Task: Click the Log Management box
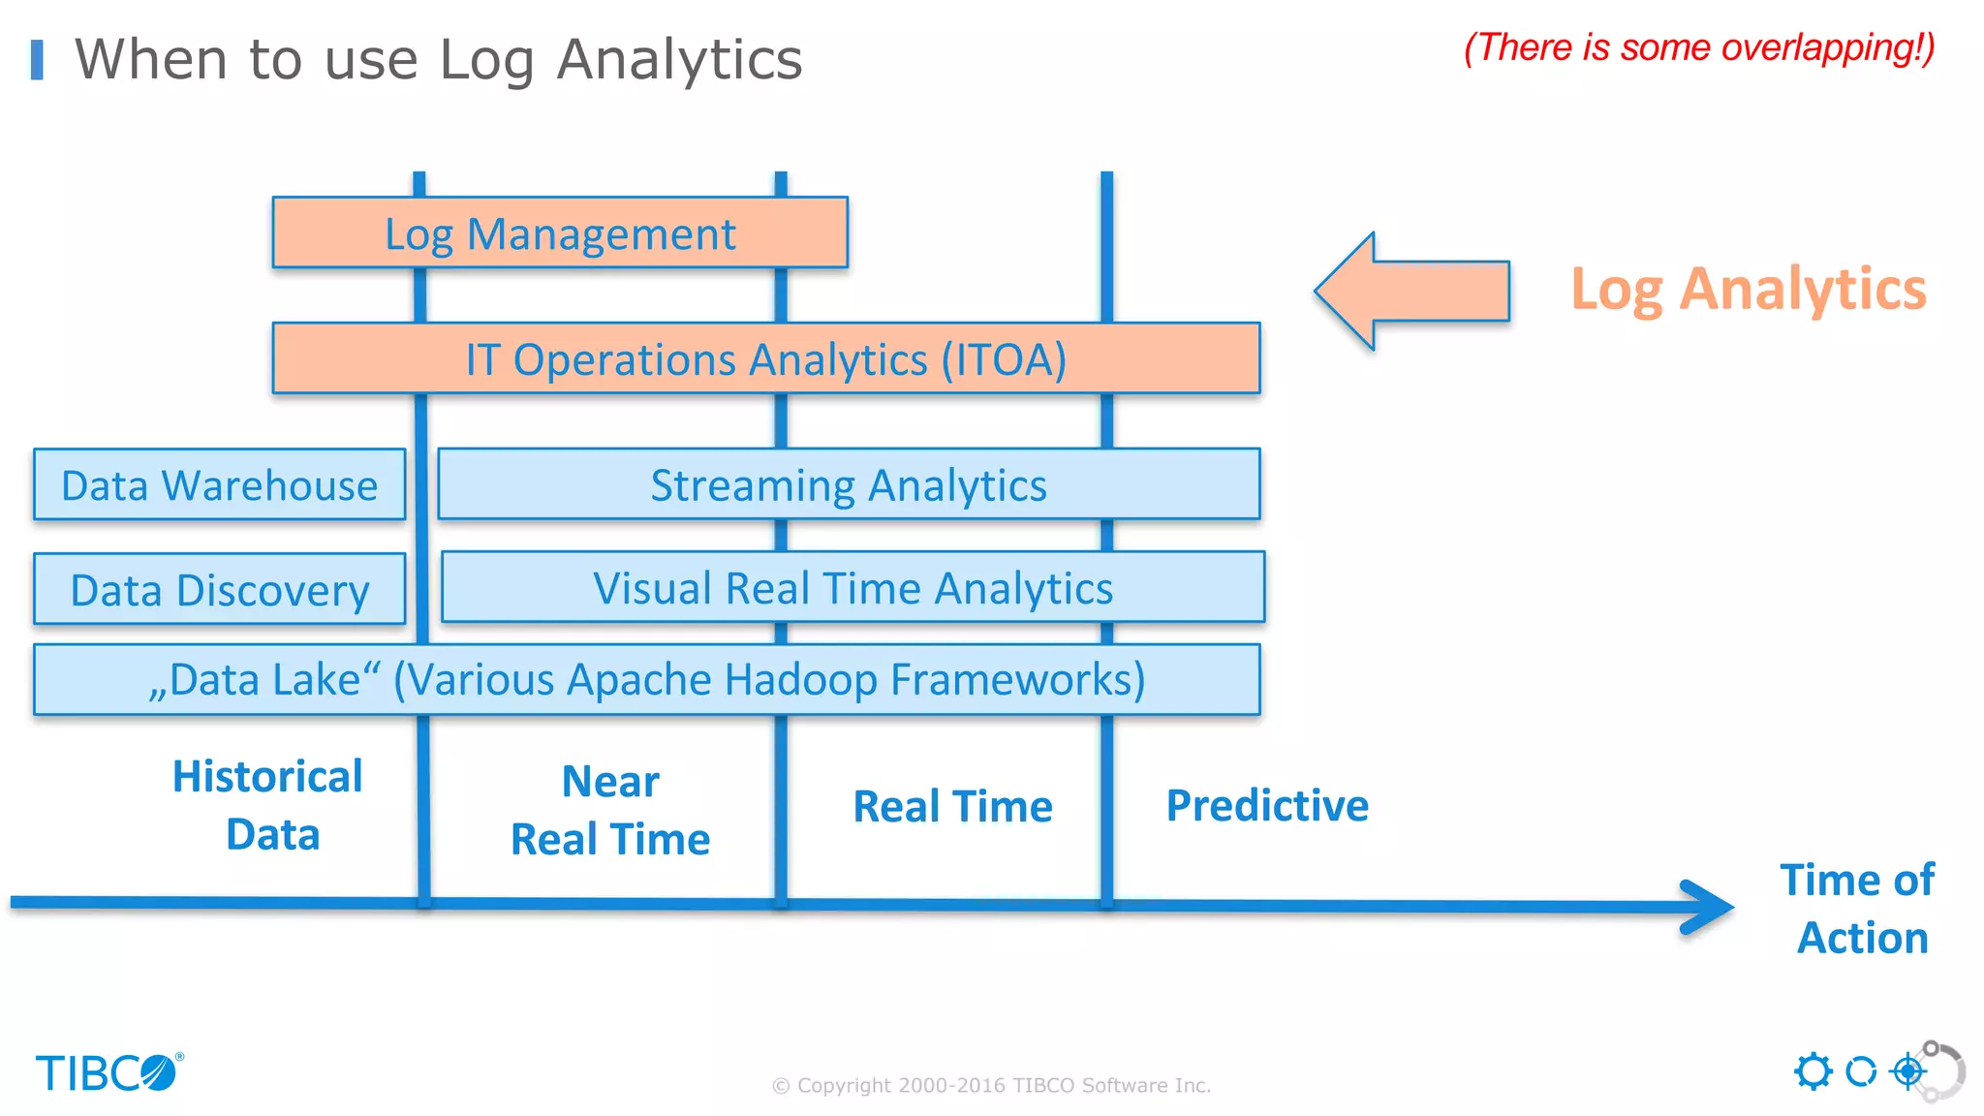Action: tap(560, 233)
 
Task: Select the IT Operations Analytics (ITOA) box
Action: tap(765, 358)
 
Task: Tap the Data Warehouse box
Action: tap(219, 484)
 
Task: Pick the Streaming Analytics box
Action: tap(849, 484)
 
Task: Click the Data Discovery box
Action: tap(219, 589)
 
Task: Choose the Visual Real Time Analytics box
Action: tap(852, 587)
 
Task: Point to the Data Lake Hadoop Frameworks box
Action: tap(646, 679)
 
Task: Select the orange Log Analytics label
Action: tap(1748, 289)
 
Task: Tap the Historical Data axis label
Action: tap(269, 805)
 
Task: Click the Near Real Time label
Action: tap(610, 810)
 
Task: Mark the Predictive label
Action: tap(1267, 805)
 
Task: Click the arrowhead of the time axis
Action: tap(1710, 907)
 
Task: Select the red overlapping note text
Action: tap(1698, 47)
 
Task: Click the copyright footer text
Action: tap(991, 1085)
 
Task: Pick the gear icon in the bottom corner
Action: tap(1813, 1071)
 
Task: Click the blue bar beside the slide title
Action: tap(37, 60)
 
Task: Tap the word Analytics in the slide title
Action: tap(679, 60)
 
